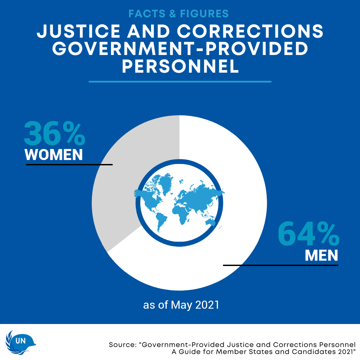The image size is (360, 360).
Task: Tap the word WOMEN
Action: [x=54, y=155]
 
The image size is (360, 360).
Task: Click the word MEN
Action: [x=321, y=255]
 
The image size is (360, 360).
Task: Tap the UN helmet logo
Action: [x=21, y=342]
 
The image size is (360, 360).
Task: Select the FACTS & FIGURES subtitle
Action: [x=179, y=14]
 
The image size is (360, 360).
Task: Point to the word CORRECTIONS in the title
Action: [x=250, y=31]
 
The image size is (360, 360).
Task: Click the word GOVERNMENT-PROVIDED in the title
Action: [x=180, y=49]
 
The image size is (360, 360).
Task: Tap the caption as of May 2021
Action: [x=181, y=305]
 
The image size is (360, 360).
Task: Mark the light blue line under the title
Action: [x=180, y=81]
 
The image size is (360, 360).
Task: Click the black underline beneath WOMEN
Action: [x=69, y=164]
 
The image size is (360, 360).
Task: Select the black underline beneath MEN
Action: [x=280, y=265]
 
